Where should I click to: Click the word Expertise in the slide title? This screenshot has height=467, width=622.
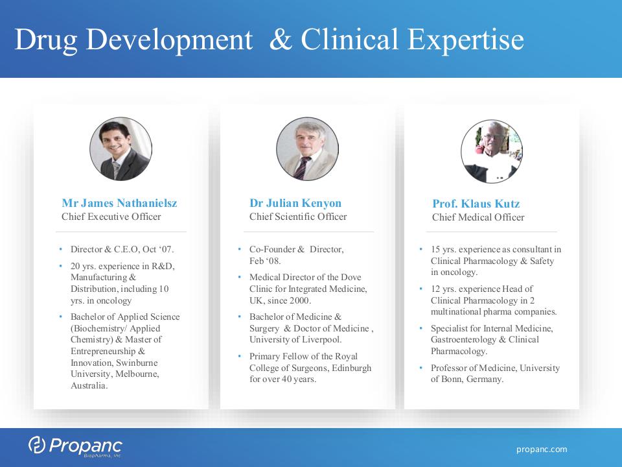(x=466, y=40)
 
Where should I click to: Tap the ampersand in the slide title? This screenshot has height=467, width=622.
(x=281, y=40)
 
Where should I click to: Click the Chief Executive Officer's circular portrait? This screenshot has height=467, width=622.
(x=121, y=149)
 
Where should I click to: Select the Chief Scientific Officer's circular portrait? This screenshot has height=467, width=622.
(x=307, y=149)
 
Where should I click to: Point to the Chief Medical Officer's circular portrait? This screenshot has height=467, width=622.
(x=492, y=151)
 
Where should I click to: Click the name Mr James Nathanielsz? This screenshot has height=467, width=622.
(x=119, y=203)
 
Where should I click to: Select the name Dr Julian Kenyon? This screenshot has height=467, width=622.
(x=295, y=203)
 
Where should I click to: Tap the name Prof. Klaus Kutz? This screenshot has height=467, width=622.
(x=476, y=204)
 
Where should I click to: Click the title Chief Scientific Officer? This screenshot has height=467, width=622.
(x=298, y=217)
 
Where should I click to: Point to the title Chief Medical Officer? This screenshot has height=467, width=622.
(x=478, y=217)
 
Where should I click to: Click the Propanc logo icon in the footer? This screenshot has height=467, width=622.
(x=37, y=444)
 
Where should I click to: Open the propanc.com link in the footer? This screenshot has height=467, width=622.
(x=542, y=449)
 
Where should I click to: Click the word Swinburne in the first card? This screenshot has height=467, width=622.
(x=137, y=363)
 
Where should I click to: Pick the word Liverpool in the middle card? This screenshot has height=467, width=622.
(x=322, y=340)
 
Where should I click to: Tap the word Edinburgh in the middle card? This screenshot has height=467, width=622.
(x=351, y=368)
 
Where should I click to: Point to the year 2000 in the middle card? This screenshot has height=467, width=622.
(x=300, y=300)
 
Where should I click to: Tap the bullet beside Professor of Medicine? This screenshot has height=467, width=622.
(x=421, y=368)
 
